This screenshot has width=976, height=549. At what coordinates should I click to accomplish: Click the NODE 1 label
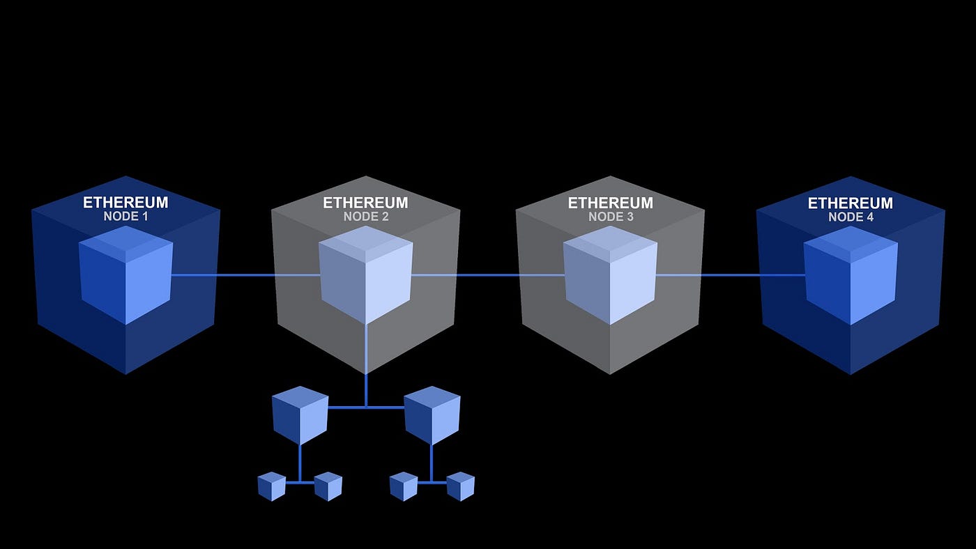125,217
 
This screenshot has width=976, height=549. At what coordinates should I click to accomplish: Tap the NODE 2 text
365,217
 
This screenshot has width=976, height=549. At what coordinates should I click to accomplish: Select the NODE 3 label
610,217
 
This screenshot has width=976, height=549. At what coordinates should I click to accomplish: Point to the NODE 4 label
851,217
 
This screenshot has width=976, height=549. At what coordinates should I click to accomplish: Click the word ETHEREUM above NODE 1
125,203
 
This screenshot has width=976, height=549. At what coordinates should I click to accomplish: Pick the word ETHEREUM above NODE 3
610,203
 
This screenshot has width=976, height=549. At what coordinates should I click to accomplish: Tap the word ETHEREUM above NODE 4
851,203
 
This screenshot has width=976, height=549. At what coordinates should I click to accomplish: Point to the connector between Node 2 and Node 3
488,275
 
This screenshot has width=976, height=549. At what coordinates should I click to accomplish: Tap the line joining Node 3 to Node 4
732,275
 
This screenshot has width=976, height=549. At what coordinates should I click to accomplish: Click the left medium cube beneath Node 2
300,416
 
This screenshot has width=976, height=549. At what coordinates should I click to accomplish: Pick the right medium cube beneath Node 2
432,416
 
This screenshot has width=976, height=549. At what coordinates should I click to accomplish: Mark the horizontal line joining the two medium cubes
366,407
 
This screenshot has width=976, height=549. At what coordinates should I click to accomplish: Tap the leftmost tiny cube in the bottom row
271,486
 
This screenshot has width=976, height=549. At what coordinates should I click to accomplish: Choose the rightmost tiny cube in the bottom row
460,486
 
